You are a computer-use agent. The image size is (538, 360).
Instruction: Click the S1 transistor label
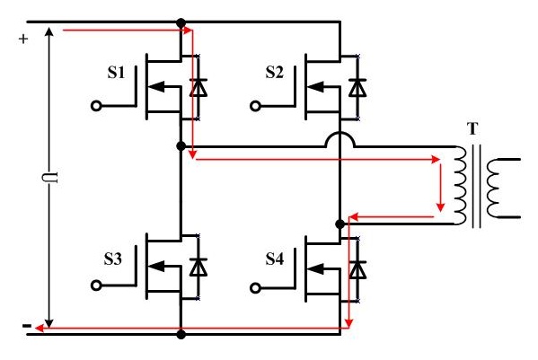click(x=116, y=73)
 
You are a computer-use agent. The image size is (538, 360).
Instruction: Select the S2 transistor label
click(x=275, y=73)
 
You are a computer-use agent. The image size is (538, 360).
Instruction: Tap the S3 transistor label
click(x=113, y=259)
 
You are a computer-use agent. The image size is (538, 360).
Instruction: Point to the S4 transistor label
click(x=275, y=259)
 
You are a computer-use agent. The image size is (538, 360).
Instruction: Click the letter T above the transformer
click(x=472, y=129)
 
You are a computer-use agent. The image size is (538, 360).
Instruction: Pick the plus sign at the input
click(x=23, y=39)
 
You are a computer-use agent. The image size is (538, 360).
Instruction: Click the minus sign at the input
click(x=27, y=325)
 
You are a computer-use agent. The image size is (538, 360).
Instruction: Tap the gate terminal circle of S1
click(x=96, y=106)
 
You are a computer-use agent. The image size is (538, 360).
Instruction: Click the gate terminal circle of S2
click(x=255, y=106)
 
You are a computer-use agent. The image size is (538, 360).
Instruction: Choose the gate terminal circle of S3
click(x=96, y=285)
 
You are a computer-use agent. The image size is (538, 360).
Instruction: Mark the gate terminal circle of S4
click(x=255, y=288)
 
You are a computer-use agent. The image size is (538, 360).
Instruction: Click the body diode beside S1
click(x=198, y=87)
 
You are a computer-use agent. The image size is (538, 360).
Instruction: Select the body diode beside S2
click(x=357, y=87)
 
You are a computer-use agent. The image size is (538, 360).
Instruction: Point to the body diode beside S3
click(x=198, y=268)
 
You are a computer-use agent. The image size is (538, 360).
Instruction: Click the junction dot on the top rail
click(x=181, y=23)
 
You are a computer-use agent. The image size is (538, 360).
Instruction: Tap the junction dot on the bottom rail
click(x=181, y=334)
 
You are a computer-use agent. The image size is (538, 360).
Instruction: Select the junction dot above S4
click(x=340, y=224)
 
